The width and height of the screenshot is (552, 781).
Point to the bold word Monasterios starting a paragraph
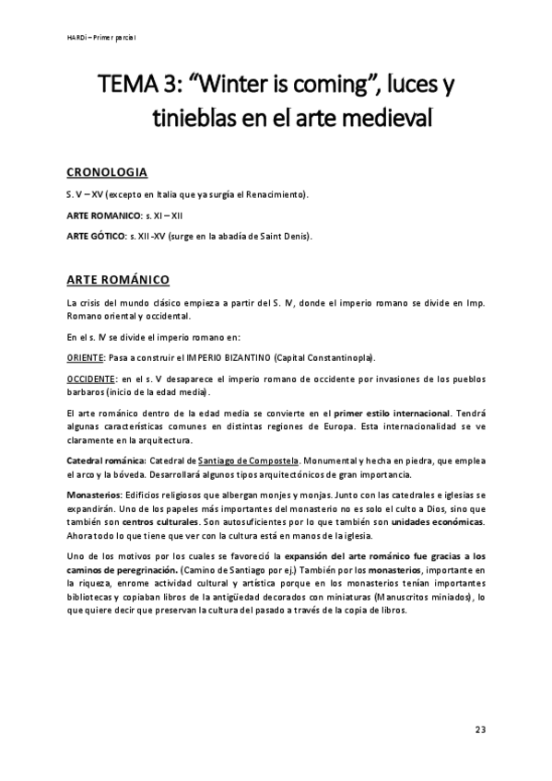[95, 495]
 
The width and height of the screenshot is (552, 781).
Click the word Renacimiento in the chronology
[275, 195]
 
